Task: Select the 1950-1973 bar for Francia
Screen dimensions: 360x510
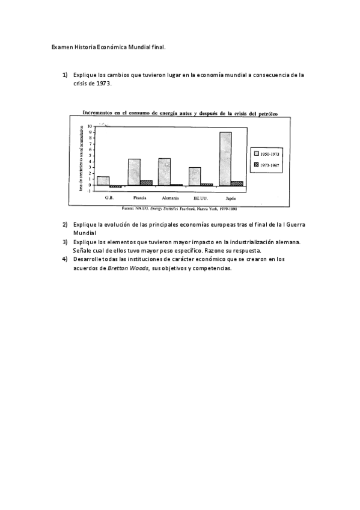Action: tap(134, 171)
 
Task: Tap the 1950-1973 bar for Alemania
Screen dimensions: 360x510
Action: tap(164, 171)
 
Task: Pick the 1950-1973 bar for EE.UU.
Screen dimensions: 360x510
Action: tap(195, 176)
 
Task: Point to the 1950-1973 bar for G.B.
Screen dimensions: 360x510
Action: tap(103, 180)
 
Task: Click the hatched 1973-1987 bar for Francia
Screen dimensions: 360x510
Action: tap(146, 182)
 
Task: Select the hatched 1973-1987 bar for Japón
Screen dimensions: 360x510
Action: tap(237, 183)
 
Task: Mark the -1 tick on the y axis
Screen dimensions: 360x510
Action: tap(89, 190)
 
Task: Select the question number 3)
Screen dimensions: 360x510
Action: tap(65, 242)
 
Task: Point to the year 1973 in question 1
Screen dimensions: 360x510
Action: tap(102, 84)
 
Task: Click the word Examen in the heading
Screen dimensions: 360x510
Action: tap(61, 46)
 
